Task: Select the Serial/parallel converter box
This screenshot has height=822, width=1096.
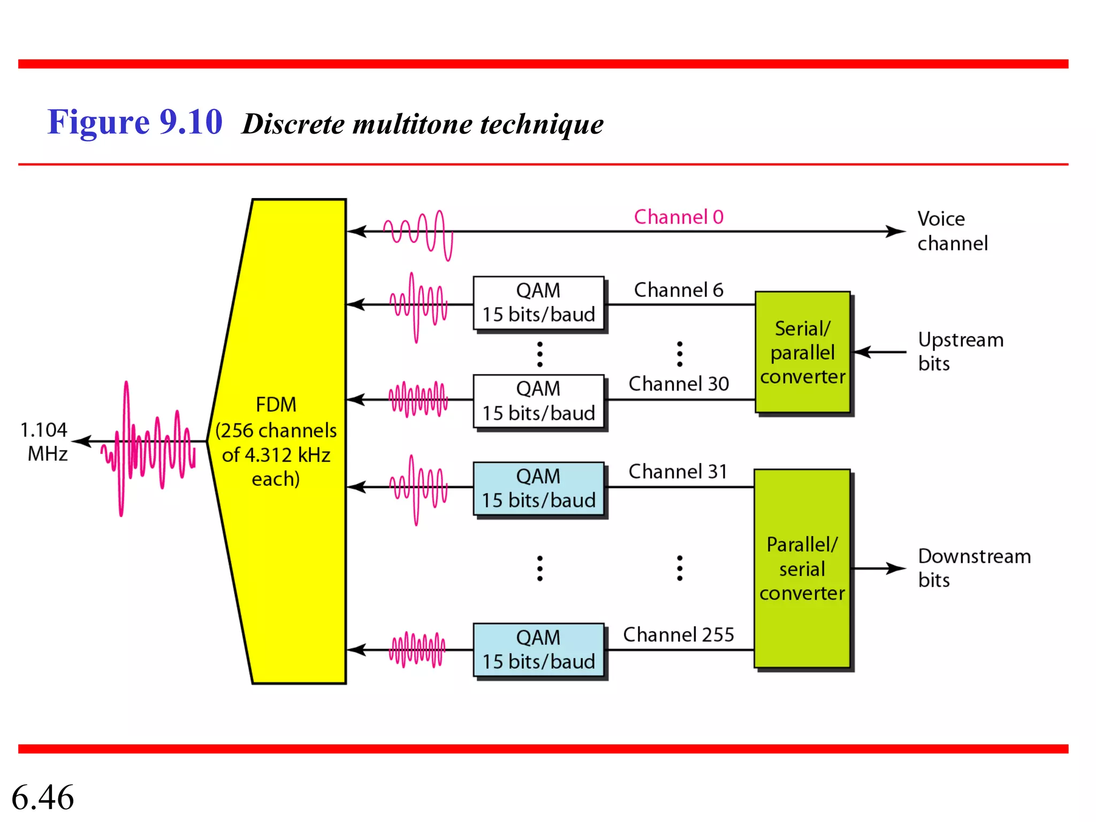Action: tap(802, 352)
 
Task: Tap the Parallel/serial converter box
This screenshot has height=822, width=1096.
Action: tap(802, 568)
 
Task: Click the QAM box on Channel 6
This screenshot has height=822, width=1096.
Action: tap(538, 303)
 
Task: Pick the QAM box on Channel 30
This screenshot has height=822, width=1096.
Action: tap(538, 401)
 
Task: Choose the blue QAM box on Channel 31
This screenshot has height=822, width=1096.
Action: tap(538, 488)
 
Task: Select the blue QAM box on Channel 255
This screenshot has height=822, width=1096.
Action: tap(538, 650)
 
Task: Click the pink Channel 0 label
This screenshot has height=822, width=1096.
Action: tap(679, 217)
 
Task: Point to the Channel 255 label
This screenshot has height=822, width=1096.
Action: tap(679, 635)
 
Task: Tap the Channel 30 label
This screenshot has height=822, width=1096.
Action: tap(679, 384)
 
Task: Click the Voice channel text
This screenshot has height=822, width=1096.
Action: tap(952, 231)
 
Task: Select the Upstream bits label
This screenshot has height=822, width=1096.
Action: tap(960, 352)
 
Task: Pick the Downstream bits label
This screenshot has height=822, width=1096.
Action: tap(974, 568)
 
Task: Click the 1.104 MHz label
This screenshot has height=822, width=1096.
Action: tap(44, 442)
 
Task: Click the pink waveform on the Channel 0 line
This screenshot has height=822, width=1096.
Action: tap(418, 234)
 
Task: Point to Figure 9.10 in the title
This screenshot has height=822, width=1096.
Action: tap(135, 122)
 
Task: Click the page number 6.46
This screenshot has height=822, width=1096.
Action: tap(43, 797)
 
